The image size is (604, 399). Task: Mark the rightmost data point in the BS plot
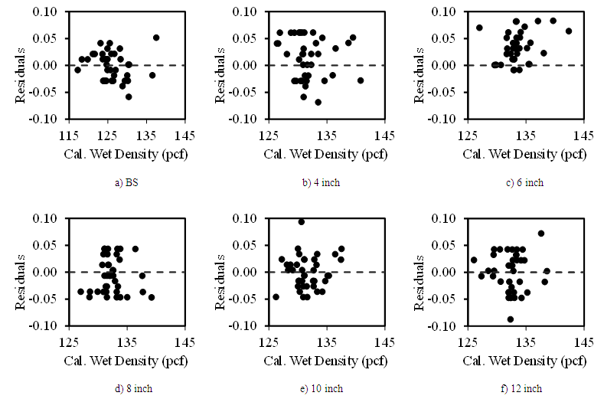tap(156, 38)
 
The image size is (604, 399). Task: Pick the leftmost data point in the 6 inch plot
tap(479, 28)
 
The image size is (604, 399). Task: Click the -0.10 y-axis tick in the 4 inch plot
tap(245, 119)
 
